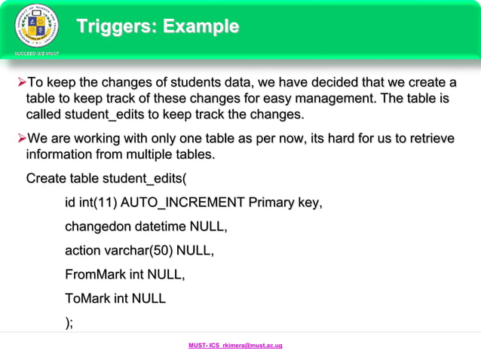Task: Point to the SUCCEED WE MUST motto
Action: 35,54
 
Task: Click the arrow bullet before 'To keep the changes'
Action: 21,81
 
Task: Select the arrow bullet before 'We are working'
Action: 21,139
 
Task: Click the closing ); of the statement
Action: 69,322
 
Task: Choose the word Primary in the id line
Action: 273,203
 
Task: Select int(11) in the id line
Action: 97,203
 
